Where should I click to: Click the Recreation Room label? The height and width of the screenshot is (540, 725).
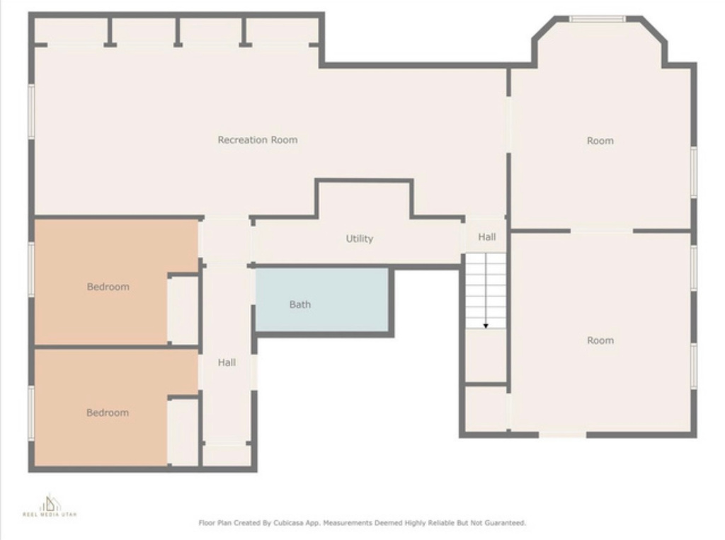[x=257, y=140]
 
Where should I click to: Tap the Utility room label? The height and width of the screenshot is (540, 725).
[x=359, y=239]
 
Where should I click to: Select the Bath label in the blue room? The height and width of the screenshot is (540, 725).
[x=299, y=305]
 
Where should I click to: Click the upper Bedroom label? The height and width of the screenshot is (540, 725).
[x=108, y=287]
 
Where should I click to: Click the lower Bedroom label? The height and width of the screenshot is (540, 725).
[x=108, y=413]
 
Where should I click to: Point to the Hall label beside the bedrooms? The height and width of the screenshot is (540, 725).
[x=227, y=362]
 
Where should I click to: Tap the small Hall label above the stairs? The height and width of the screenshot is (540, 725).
[x=486, y=238]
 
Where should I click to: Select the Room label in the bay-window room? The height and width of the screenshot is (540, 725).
[x=600, y=141]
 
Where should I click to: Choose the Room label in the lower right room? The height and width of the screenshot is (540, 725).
[x=600, y=340]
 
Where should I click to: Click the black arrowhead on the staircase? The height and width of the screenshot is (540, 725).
[x=486, y=326]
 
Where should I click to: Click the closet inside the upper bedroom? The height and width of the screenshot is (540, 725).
[x=183, y=310]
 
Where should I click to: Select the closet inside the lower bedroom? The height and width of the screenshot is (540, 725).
[x=183, y=432]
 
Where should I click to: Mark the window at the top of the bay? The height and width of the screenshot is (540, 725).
[x=598, y=19]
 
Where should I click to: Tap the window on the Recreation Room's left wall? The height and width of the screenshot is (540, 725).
[x=31, y=112]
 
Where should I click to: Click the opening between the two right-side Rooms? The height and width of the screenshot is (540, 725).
[x=602, y=231]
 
